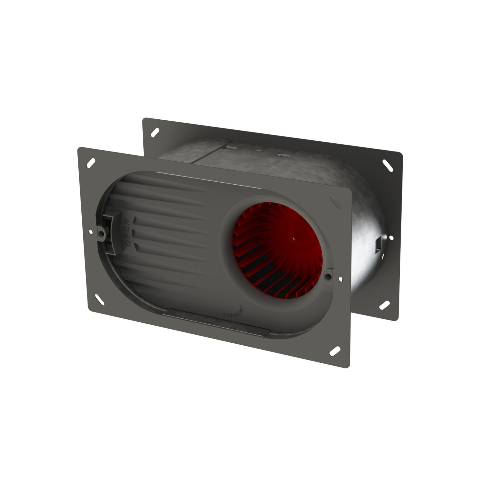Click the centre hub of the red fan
click(293, 239)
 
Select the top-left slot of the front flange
click(91, 163)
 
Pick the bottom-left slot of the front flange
click(100, 299)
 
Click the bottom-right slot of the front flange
click(335, 351)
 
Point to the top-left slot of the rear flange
click(155, 132)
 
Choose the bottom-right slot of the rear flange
click(385, 305)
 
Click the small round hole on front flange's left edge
click(91, 232)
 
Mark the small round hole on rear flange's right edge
click(391, 238)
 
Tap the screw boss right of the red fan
click(329, 276)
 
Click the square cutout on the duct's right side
click(378, 245)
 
